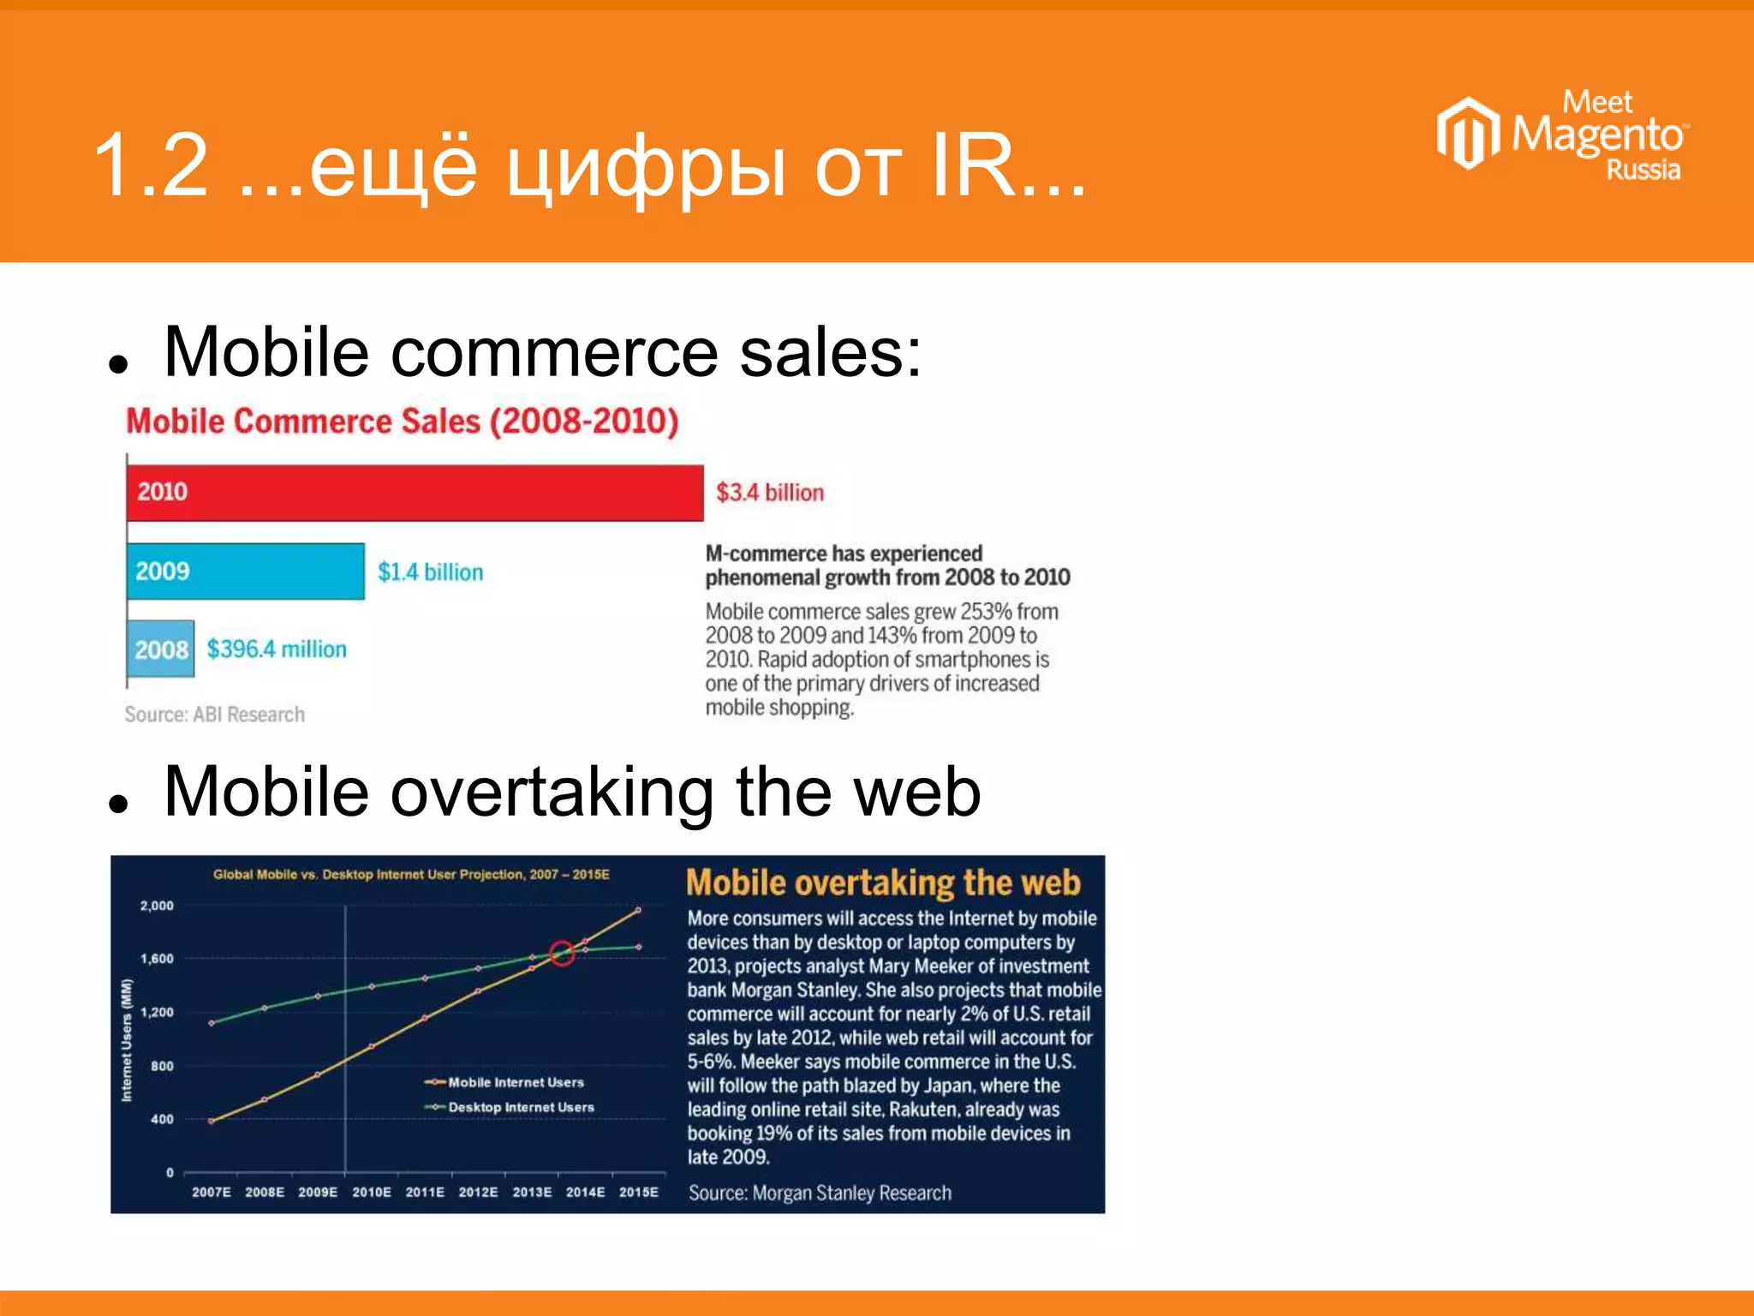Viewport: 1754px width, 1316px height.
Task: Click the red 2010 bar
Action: (415, 493)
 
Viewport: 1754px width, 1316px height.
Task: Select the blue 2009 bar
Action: (246, 571)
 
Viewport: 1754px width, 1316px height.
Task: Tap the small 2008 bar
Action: (161, 649)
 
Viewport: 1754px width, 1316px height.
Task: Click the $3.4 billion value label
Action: (770, 493)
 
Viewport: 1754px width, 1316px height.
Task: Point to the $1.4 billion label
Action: (430, 571)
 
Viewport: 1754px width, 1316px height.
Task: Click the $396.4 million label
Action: (277, 649)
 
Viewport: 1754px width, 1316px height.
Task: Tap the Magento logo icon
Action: (1468, 133)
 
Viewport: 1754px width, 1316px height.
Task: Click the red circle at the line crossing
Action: (562, 953)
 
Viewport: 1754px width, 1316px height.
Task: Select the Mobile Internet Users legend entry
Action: (505, 1082)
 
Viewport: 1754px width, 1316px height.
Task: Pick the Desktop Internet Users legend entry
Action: (510, 1107)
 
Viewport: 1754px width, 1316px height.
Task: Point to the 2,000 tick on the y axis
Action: (157, 906)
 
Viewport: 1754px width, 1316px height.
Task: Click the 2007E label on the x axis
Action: (212, 1192)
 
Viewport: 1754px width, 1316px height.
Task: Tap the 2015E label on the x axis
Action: (639, 1192)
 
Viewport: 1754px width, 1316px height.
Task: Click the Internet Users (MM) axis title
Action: (127, 1039)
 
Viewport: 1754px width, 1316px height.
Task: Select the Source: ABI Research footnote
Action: (215, 714)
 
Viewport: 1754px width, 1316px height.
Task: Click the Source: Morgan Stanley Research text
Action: (820, 1193)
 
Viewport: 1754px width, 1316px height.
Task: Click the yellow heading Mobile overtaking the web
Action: (883, 882)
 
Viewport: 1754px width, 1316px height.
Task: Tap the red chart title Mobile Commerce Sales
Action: (403, 421)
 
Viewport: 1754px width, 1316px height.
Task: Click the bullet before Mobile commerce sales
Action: (118, 364)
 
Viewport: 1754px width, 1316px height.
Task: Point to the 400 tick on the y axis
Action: (162, 1119)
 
